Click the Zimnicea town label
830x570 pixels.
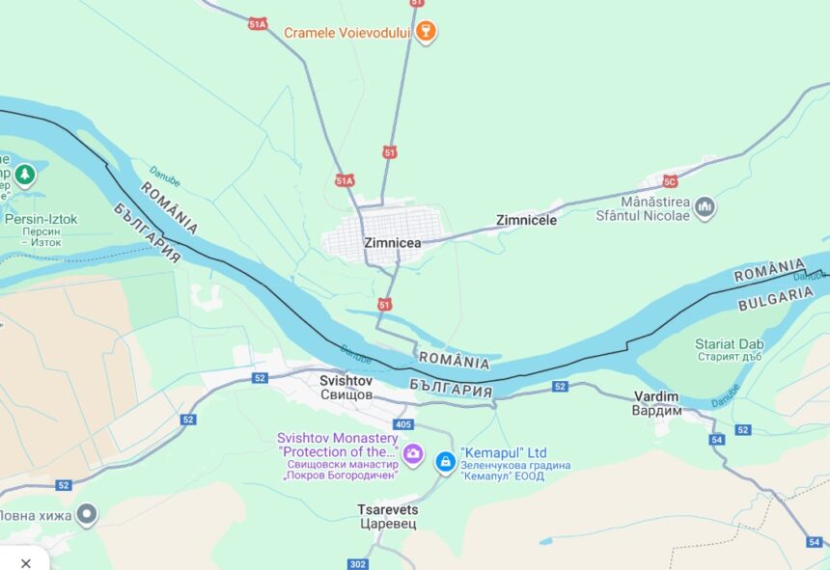tap(392, 243)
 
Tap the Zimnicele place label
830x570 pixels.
tap(526, 220)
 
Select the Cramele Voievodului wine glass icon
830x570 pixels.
tap(426, 32)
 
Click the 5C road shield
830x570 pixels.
tap(670, 181)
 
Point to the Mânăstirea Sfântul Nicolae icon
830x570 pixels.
tap(705, 206)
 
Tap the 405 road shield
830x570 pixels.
tap(403, 424)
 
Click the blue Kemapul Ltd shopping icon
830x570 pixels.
tap(444, 462)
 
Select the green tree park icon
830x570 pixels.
tap(25, 175)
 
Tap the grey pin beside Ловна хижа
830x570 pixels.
tap(87, 515)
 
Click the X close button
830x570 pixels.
tap(26, 562)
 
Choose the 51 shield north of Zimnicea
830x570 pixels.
tap(389, 152)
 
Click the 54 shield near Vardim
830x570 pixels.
tap(716, 439)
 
